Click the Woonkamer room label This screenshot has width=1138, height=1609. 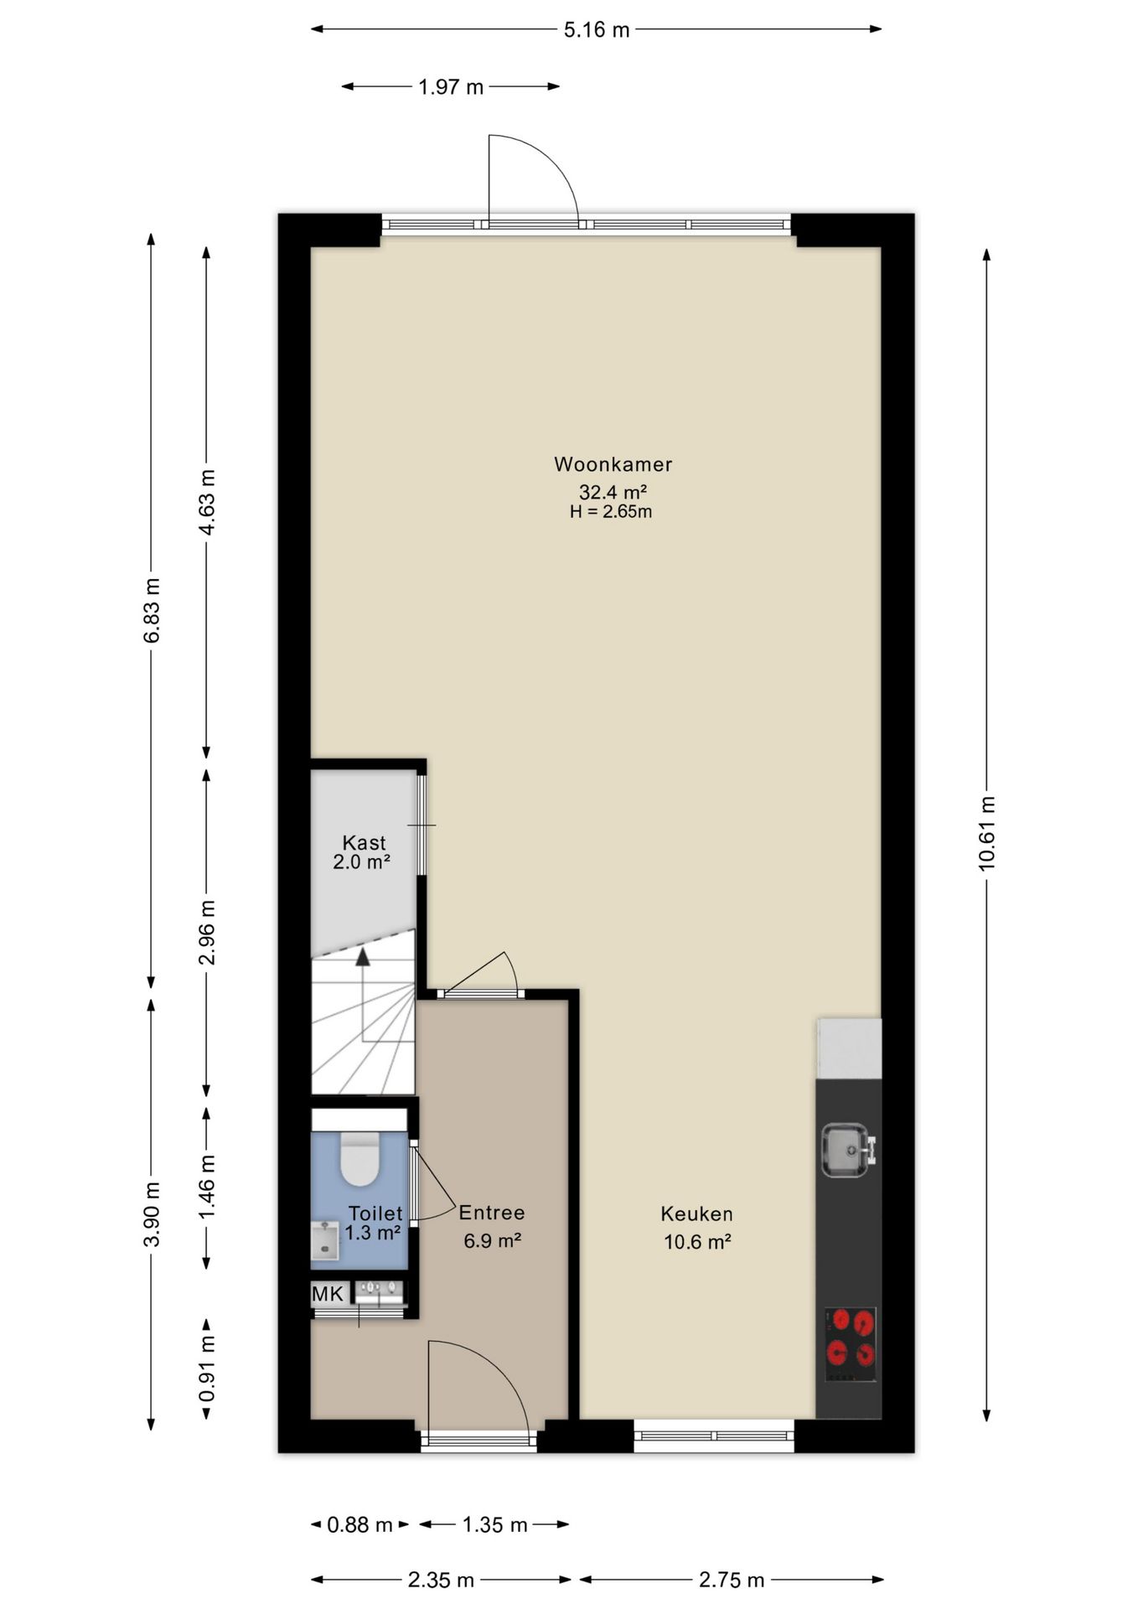613,463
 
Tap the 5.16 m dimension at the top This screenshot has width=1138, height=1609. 596,30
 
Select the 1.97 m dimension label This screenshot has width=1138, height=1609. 451,86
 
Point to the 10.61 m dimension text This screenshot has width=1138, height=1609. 986,833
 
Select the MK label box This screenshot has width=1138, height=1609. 328,1294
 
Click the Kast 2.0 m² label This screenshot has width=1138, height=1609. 363,852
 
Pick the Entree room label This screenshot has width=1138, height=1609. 492,1213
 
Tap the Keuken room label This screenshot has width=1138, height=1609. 696,1213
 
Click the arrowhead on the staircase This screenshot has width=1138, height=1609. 363,957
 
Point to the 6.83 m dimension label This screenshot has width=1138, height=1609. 152,610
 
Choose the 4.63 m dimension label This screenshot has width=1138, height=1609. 207,502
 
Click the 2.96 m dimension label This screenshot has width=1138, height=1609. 207,933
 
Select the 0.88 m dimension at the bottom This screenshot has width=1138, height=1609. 360,1524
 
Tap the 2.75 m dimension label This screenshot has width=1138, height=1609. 732,1580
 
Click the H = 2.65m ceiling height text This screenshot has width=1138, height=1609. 611,511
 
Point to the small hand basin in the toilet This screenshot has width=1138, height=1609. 325,1240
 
